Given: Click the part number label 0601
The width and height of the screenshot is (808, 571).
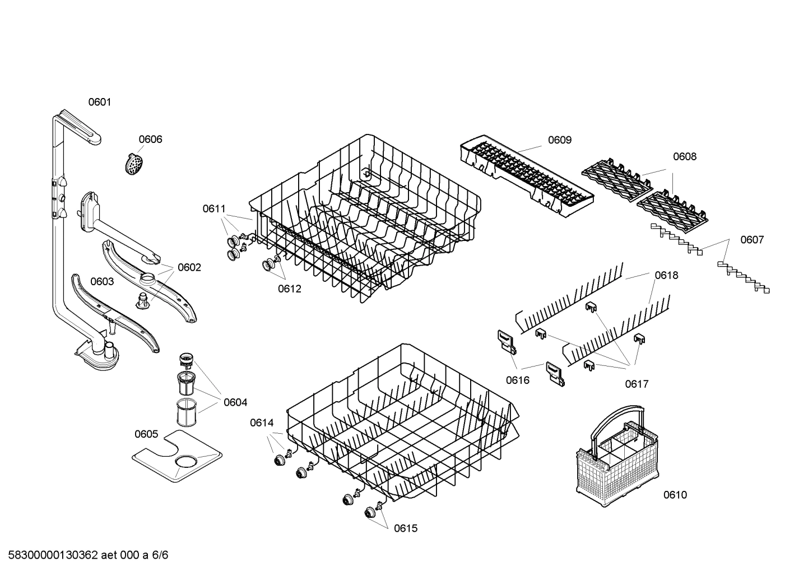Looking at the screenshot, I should click(x=100, y=102).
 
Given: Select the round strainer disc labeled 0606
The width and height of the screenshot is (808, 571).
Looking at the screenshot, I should click(x=133, y=164).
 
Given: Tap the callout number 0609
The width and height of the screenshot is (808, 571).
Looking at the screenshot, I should click(x=559, y=140).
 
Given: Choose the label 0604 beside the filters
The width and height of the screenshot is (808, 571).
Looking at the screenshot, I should click(x=235, y=402).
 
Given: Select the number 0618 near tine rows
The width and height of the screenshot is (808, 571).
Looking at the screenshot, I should click(x=666, y=275).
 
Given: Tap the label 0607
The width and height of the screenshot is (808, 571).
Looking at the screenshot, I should click(x=751, y=240).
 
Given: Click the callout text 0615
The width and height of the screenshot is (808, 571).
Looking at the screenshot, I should click(x=406, y=528).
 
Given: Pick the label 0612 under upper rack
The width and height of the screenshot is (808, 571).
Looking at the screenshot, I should click(x=289, y=289).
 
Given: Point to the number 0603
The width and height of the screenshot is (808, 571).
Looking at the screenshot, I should click(x=102, y=281).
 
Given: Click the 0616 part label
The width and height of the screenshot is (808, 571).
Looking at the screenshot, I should click(x=517, y=380).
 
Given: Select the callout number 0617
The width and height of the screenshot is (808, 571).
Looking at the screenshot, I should click(x=637, y=384).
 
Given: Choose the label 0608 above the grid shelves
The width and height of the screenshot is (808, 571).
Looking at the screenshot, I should click(x=684, y=157).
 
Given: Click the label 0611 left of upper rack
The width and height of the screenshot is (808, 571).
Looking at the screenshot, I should click(x=214, y=209).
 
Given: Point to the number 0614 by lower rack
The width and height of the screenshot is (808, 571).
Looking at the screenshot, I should click(x=261, y=423).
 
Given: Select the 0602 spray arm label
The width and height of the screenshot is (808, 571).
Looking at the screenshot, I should click(x=189, y=267).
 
